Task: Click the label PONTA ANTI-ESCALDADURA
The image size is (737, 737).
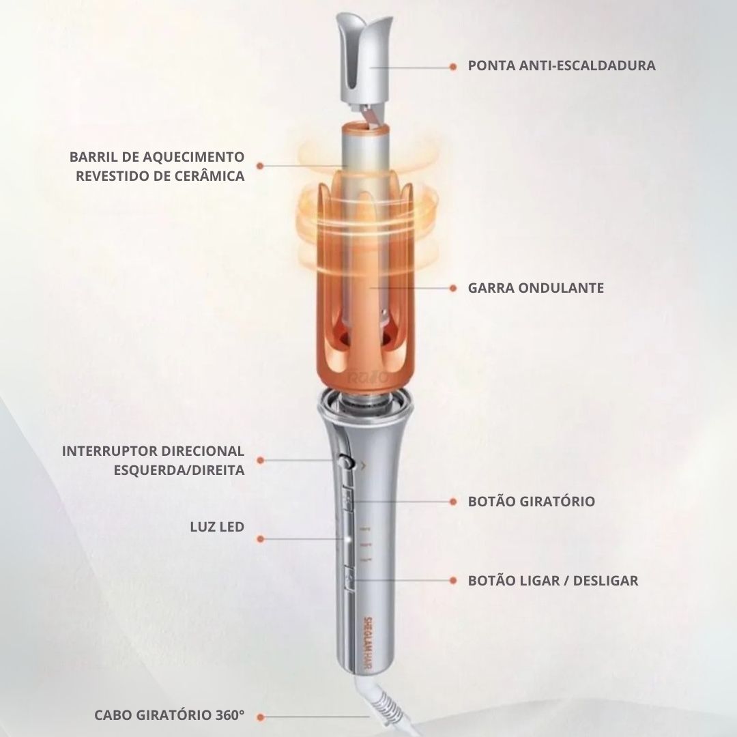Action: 561,66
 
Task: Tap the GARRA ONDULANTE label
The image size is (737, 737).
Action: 536,288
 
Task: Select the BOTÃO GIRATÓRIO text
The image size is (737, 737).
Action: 531,501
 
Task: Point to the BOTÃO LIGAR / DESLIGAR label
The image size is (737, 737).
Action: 553,581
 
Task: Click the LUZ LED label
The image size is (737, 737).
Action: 217,527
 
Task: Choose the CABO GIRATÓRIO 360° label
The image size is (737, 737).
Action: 169,715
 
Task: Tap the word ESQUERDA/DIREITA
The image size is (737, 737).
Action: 179,470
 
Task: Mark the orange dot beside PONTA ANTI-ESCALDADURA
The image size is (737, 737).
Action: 452,67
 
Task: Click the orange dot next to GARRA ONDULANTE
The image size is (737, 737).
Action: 452,288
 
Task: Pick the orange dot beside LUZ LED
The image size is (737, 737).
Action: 261,539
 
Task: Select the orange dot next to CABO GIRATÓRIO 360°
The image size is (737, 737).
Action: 261,717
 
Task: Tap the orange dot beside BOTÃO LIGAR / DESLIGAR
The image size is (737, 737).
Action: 452,581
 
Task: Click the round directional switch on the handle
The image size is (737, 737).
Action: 347,462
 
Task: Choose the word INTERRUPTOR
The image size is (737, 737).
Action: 109,451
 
